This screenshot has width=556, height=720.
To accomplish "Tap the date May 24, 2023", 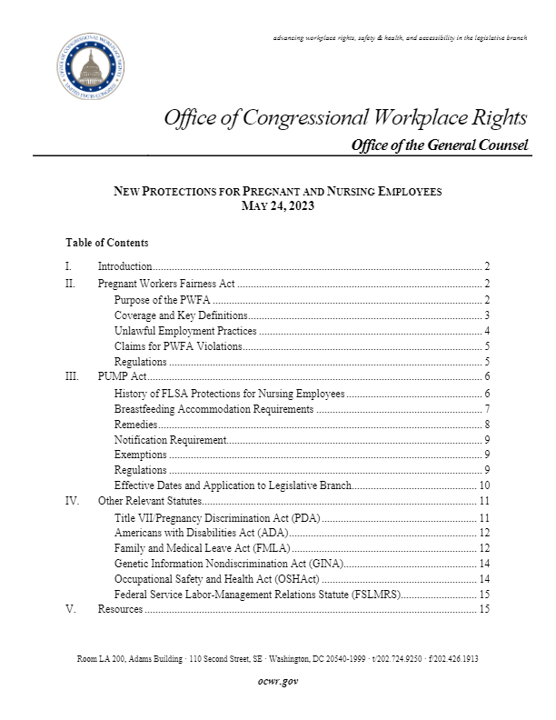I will pos(277,206).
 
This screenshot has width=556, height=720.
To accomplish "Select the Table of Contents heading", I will pos(107,244).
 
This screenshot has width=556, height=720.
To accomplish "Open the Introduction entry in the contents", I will pos(125,267).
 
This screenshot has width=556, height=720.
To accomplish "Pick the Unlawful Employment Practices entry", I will pos(185,331).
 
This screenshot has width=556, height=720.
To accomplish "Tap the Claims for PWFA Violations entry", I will pos(178,346).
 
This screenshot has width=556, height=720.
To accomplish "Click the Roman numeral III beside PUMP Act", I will pos(73,376).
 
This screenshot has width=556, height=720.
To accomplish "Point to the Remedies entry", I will pos(135,425).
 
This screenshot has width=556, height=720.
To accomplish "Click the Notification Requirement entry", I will pos(169,440).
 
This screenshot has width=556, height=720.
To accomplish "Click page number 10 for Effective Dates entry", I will pos(484,485).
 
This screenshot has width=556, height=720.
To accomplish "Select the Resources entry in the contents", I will pos(120,609).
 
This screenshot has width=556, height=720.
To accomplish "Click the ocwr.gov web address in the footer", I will pos(278,681).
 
